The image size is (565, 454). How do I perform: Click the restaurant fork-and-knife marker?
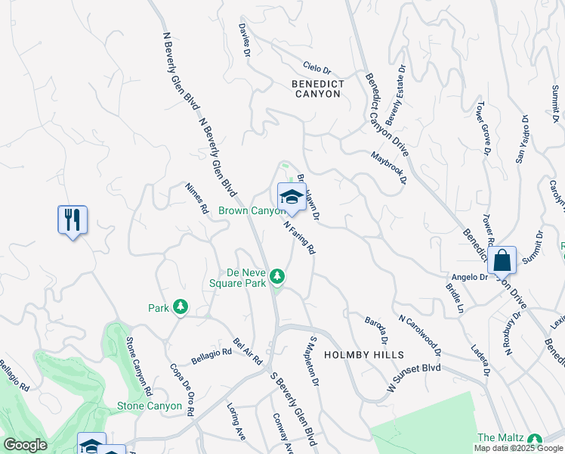[73, 220]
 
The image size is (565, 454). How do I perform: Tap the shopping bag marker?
[502, 261]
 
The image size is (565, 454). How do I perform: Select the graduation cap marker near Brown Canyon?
[292, 197]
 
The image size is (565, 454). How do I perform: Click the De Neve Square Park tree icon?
[277, 276]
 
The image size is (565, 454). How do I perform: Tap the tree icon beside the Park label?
[180, 306]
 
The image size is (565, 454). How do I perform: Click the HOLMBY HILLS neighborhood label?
[364, 354]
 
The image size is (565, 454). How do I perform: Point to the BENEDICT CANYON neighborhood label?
[318, 89]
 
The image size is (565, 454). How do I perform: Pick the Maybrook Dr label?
[388, 169]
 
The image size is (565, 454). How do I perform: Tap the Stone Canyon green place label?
[150, 406]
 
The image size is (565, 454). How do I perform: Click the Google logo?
[25, 445]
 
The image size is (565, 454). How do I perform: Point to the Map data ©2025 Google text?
[517, 448]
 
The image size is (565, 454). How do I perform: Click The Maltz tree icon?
[536, 440]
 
